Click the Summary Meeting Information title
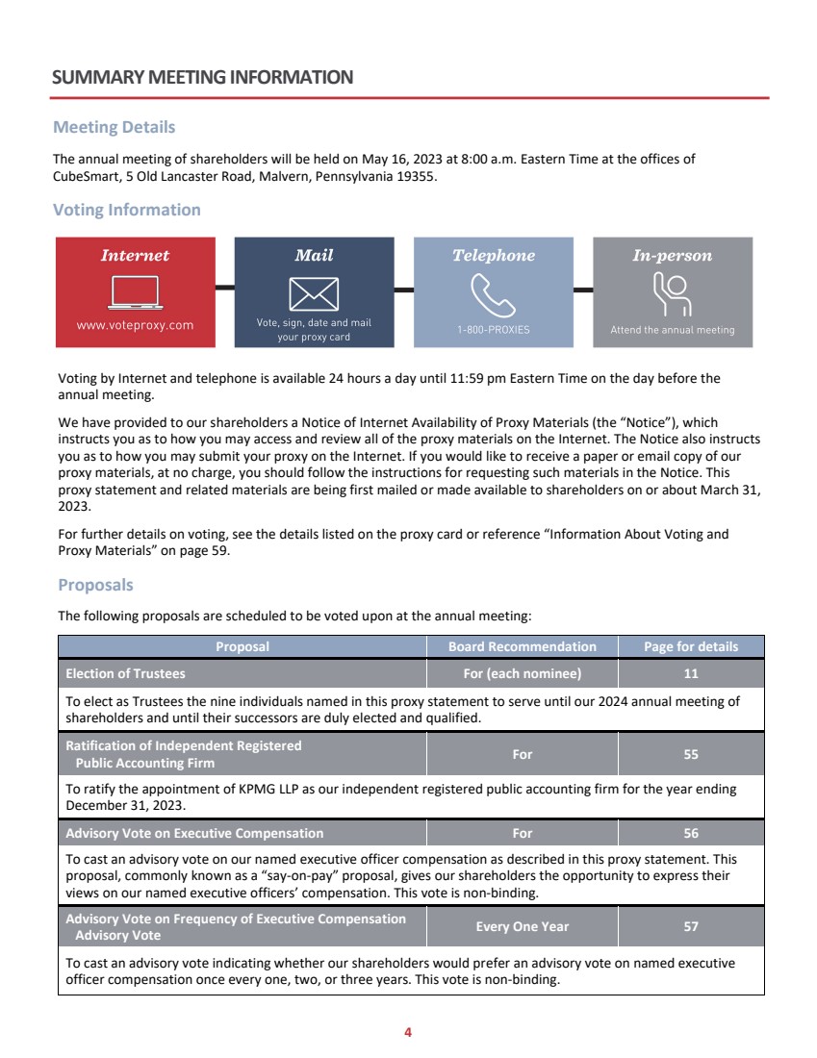pyautogui.click(x=203, y=77)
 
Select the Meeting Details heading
pyautogui.click(x=115, y=127)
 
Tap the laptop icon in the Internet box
pyautogui.click(x=135, y=291)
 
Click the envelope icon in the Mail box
pyautogui.click(x=314, y=293)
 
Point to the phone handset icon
pyautogui.click(x=493, y=294)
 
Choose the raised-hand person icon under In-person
pyautogui.click(x=672, y=293)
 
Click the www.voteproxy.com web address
pyautogui.click(x=135, y=325)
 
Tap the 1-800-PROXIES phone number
pyautogui.click(x=493, y=330)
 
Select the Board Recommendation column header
pyautogui.click(x=523, y=646)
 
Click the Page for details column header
pyautogui.click(x=691, y=646)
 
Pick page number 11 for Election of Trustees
pyautogui.click(x=691, y=673)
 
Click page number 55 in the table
pyautogui.click(x=691, y=755)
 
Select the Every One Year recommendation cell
pyautogui.click(x=523, y=927)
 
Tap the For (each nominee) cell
pyautogui.click(x=523, y=673)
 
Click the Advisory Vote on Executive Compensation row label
pyautogui.click(x=194, y=833)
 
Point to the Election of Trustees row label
pyautogui.click(x=125, y=673)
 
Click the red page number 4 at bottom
pyautogui.click(x=408, y=1033)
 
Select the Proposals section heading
pyautogui.click(x=96, y=585)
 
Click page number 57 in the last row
pyautogui.click(x=691, y=927)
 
